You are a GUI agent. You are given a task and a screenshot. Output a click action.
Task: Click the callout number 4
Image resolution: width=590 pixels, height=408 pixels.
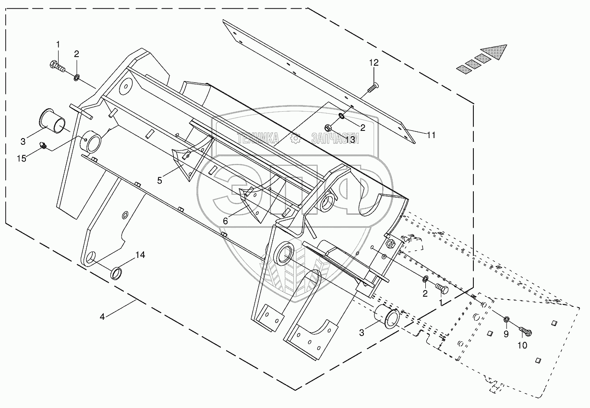[102, 316]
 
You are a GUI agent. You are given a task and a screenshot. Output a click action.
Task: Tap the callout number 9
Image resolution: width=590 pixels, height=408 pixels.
[506, 335]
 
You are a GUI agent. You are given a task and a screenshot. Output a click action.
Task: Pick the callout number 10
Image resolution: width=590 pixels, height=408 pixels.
[522, 345]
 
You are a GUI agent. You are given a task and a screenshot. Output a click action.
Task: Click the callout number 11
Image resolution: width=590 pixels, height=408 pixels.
[431, 135]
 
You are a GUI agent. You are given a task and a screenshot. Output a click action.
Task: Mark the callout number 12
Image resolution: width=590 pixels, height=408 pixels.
[374, 63]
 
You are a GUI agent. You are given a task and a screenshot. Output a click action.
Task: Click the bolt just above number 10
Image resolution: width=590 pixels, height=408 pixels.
[526, 330]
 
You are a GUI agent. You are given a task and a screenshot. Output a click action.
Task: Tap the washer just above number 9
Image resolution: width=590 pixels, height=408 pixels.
[507, 320]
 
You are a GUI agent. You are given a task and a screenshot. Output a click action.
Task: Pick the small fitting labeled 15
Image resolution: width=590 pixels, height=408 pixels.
[43, 145]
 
